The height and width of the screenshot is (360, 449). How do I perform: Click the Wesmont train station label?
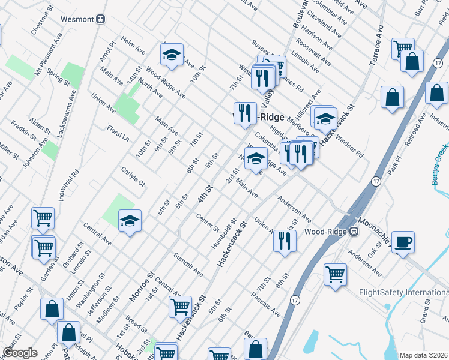(x=78, y=19)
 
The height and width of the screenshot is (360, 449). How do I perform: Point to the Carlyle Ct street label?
(x=133, y=178)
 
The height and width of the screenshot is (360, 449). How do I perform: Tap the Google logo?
(x=20, y=353)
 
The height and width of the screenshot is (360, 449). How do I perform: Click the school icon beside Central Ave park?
(x=130, y=221)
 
